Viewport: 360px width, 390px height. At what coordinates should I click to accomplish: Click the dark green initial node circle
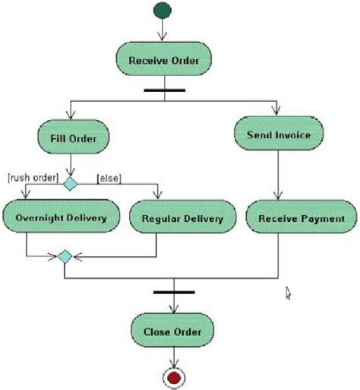(162, 10)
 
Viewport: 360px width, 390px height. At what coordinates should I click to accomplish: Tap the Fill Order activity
(72, 138)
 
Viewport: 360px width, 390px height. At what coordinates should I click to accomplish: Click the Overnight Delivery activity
(60, 219)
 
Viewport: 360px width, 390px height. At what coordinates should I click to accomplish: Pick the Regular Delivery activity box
(182, 219)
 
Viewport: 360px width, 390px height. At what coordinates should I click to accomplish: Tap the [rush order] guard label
(32, 179)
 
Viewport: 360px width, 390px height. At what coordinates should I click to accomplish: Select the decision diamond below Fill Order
(71, 183)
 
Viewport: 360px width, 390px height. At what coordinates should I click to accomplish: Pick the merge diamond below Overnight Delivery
(65, 257)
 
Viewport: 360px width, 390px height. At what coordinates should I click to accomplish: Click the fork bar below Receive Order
(163, 90)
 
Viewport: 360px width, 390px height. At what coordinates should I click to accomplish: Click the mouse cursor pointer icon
(289, 292)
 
